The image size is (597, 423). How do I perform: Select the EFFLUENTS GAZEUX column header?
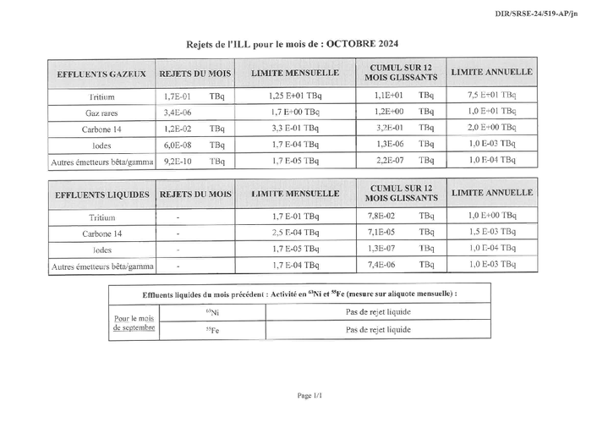tap(101, 74)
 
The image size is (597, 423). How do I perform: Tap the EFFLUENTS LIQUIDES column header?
tap(101, 195)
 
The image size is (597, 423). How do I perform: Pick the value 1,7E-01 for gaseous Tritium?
tap(178, 96)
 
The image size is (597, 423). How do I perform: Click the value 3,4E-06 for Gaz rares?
tap(178, 112)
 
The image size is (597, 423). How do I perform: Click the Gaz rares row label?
tap(102, 113)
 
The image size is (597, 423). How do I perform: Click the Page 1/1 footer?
tap(309, 395)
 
